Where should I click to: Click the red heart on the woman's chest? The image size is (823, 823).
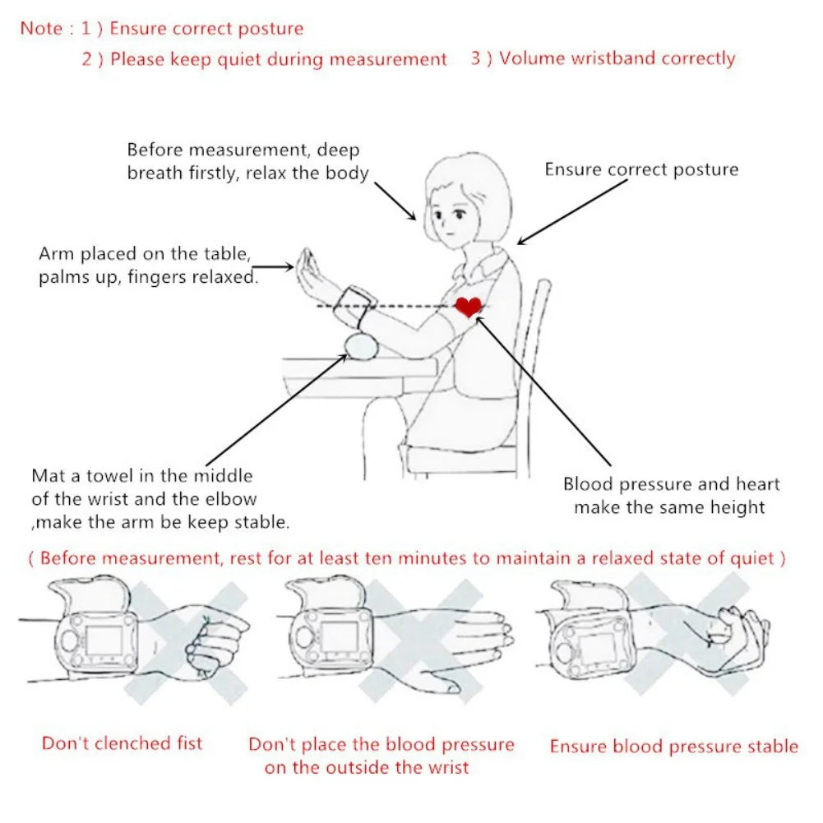click(469, 307)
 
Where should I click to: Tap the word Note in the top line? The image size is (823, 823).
click(41, 29)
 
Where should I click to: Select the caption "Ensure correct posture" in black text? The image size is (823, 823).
click(641, 170)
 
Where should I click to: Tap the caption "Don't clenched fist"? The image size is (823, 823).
click(122, 744)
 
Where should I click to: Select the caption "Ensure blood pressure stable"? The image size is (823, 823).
click(673, 747)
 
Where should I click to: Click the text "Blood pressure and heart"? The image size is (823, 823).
click(671, 485)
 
